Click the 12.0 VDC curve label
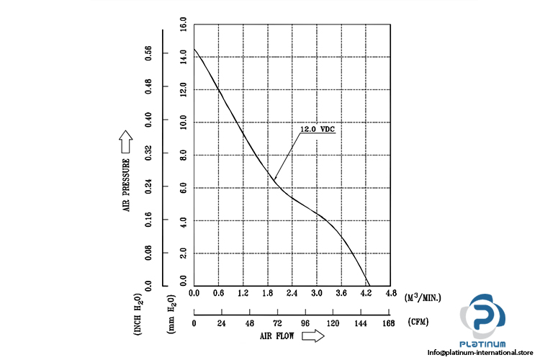317,130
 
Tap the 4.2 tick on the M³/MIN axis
366,294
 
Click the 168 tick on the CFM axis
390,323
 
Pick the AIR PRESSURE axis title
126,185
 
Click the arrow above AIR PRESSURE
126,138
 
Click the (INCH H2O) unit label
138,314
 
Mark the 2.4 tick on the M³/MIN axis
292,294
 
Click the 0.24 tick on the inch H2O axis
149,187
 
